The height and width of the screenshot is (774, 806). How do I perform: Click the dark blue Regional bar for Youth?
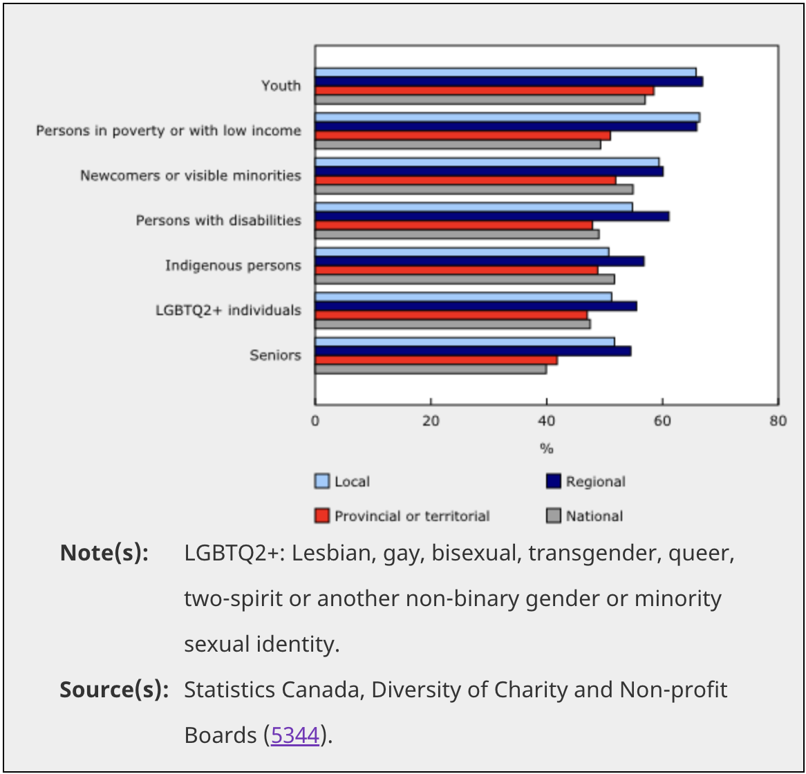pyautogui.click(x=509, y=82)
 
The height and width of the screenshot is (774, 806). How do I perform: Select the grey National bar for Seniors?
pyautogui.click(x=431, y=369)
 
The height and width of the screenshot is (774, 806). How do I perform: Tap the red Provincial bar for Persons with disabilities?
pyautogui.click(x=453, y=225)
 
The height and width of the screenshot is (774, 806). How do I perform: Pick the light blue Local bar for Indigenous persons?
pyautogui.click(x=462, y=252)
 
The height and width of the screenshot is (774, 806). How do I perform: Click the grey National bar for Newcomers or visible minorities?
pyautogui.click(x=474, y=189)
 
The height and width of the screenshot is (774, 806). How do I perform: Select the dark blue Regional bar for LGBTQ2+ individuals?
pyautogui.click(x=476, y=306)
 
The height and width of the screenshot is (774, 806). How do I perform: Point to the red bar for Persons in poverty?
pyautogui.click(x=462, y=135)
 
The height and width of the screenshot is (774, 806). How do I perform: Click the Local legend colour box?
pyautogui.click(x=322, y=482)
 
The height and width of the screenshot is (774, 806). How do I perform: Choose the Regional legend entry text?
pyautogui.click(x=595, y=482)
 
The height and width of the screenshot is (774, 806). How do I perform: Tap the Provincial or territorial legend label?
pyautogui.click(x=412, y=516)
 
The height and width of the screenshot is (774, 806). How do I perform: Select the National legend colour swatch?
pyautogui.click(x=553, y=516)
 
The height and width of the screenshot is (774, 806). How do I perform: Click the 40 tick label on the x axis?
pyautogui.click(x=547, y=421)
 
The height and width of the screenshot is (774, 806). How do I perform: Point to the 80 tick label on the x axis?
pyautogui.click(x=778, y=421)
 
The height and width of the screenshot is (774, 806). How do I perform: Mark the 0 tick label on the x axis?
pyautogui.click(x=315, y=421)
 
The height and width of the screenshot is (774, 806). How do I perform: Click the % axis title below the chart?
pyautogui.click(x=547, y=449)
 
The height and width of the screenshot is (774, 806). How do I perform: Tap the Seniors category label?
pyautogui.click(x=275, y=355)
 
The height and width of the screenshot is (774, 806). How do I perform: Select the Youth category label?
pyautogui.click(x=281, y=86)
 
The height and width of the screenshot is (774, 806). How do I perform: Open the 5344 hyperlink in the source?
pyautogui.click(x=295, y=735)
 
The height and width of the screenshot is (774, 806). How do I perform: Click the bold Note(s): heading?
pyautogui.click(x=104, y=553)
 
